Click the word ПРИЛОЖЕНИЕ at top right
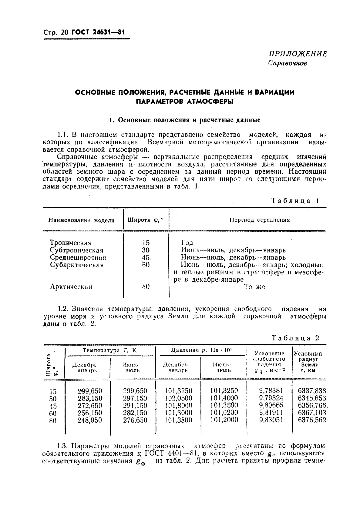[x=298, y=54]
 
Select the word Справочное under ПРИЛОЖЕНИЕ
[x=288, y=63]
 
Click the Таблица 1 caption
[x=294, y=201]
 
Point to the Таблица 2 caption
[x=295, y=338]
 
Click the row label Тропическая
[x=71, y=243]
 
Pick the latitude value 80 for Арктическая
[x=146, y=286]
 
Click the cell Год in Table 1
[x=187, y=243]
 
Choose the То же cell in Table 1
[x=254, y=287]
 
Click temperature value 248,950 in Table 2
[x=90, y=420]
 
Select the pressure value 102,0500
[x=179, y=398]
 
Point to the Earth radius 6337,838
[x=312, y=391]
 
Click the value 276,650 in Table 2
[x=135, y=420]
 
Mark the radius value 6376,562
[x=312, y=420]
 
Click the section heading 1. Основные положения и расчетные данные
[x=184, y=120]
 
